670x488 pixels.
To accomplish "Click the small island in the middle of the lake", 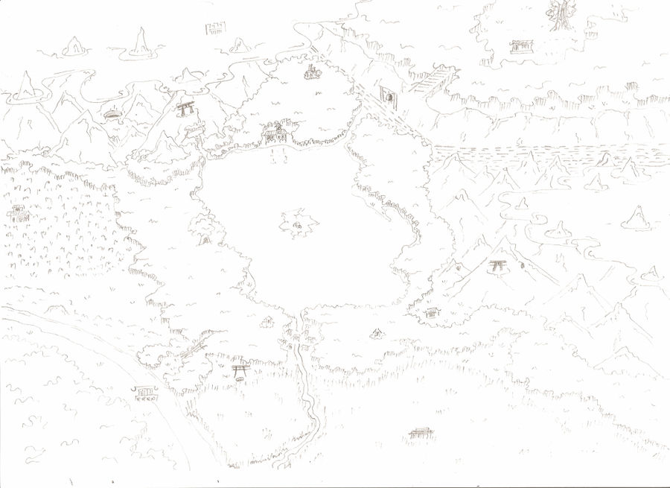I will coord(299,224).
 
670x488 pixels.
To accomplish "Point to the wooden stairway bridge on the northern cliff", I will coord(433,79).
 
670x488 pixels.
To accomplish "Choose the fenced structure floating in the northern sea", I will coord(215,28).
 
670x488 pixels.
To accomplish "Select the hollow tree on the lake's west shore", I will coord(202,231).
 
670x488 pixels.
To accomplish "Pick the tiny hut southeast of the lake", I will coord(377,332).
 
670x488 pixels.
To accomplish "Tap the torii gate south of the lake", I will coord(240,370).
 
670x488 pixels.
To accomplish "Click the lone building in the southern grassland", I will coord(420,433).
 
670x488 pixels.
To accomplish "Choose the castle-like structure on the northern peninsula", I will coord(311,72).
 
